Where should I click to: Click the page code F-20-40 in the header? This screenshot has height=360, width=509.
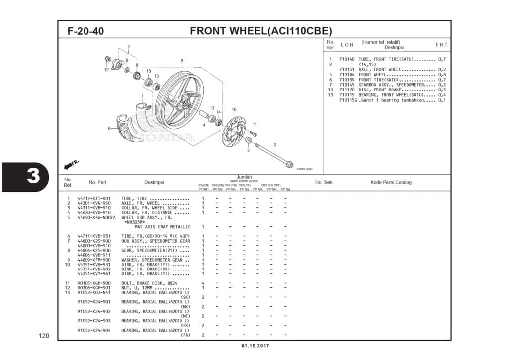click(85, 31)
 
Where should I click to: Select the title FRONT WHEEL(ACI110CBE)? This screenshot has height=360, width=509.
click(261, 31)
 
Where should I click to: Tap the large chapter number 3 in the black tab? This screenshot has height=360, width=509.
click(33, 177)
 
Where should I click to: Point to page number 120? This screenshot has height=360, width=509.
click(44, 336)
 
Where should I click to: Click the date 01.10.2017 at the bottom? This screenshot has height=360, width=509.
click(254, 346)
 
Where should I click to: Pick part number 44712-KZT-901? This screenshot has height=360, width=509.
click(94, 198)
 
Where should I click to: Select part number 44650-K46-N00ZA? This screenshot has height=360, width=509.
click(96, 217)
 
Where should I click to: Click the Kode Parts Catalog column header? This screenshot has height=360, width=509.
click(391, 182)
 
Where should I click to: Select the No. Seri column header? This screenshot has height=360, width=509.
click(324, 182)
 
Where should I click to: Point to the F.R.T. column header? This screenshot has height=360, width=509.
click(442, 45)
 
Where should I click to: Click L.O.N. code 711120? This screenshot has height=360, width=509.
click(347, 90)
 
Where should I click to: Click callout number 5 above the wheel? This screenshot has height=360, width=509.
click(182, 61)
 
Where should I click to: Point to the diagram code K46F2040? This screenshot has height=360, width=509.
click(304, 169)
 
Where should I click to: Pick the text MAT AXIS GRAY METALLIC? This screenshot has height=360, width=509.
click(163, 227)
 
